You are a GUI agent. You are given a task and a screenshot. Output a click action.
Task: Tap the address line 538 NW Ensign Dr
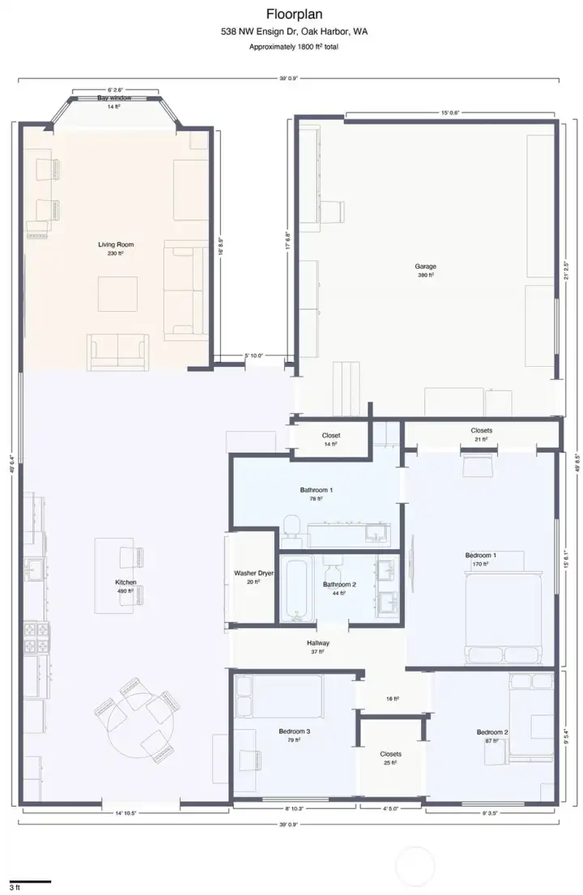(293, 32)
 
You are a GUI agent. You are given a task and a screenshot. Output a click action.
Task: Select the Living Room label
(116, 244)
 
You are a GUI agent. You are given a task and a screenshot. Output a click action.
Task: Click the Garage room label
(425, 266)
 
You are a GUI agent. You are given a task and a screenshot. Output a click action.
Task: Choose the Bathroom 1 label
(316, 490)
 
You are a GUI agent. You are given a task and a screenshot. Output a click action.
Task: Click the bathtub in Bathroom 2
(297, 588)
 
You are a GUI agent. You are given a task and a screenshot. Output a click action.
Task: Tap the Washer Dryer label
(253, 573)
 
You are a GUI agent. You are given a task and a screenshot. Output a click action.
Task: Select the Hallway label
(318, 643)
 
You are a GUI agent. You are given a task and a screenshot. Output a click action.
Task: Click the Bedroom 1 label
(481, 555)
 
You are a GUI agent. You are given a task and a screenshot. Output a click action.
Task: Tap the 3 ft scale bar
(30, 880)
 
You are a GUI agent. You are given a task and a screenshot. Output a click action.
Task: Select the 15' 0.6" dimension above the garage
(450, 113)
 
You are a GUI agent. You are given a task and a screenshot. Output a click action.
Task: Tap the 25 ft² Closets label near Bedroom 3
(390, 754)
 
